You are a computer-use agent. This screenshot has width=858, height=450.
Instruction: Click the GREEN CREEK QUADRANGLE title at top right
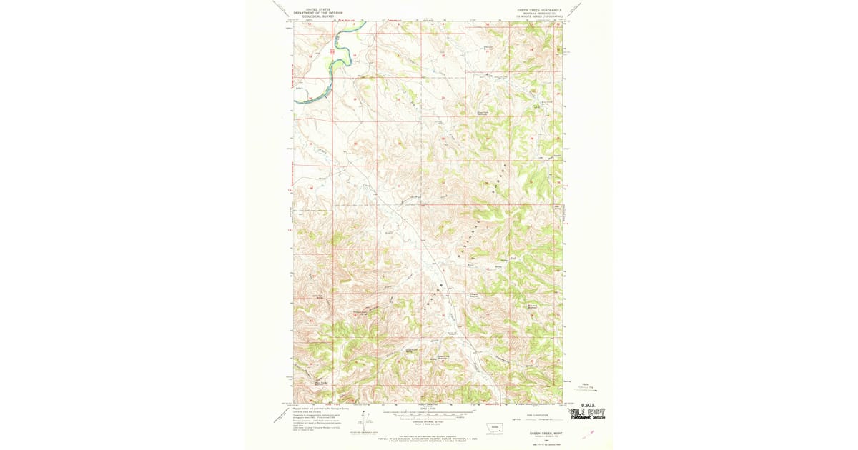click(x=539, y=10)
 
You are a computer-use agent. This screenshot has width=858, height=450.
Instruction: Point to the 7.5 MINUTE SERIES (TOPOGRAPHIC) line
click(x=540, y=16)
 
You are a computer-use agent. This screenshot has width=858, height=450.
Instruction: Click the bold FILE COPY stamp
click(x=586, y=412)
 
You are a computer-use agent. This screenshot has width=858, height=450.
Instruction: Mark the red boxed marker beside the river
click(x=334, y=51)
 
